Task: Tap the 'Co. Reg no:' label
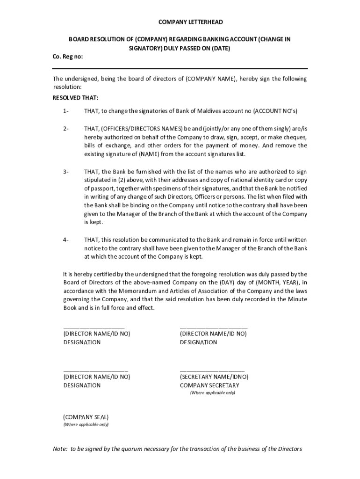68,57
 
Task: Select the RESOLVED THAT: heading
75,98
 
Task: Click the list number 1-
66,111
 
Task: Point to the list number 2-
66,129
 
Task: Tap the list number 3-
66,172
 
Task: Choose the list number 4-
66,240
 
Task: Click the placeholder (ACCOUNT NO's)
275,111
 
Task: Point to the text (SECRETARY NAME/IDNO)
214,377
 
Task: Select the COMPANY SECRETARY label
209,385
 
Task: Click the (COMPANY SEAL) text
86,416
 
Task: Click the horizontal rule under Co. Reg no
180,68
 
